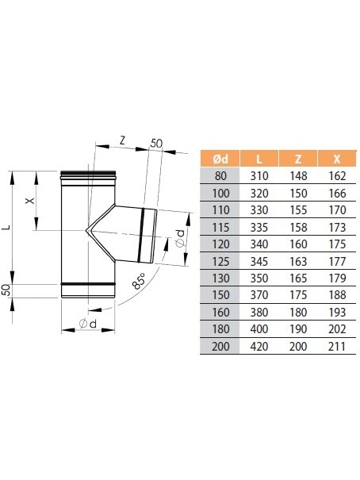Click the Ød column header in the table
click(x=220, y=159)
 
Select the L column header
click(x=259, y=159)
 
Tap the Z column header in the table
click(x=298, y=159)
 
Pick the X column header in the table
click(x=337, y=159)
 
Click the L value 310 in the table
click(x=259, y=176)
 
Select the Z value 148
click(x=298, y=176)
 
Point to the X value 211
click(x=337, y=346)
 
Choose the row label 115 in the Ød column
click(x=220, y=228)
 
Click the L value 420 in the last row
click(x=259, y=346)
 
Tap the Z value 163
click(x=298, y=262)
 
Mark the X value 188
click(x=337, y=295)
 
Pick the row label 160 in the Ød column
click(x=220, y=313)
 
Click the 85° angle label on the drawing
click(x=140, y=281)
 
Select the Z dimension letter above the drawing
click(x=122, y=140)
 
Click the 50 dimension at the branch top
click(x=156, y=144)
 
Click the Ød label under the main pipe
click(x=88, y=323)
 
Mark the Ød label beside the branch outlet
click(x=180, y=239)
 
